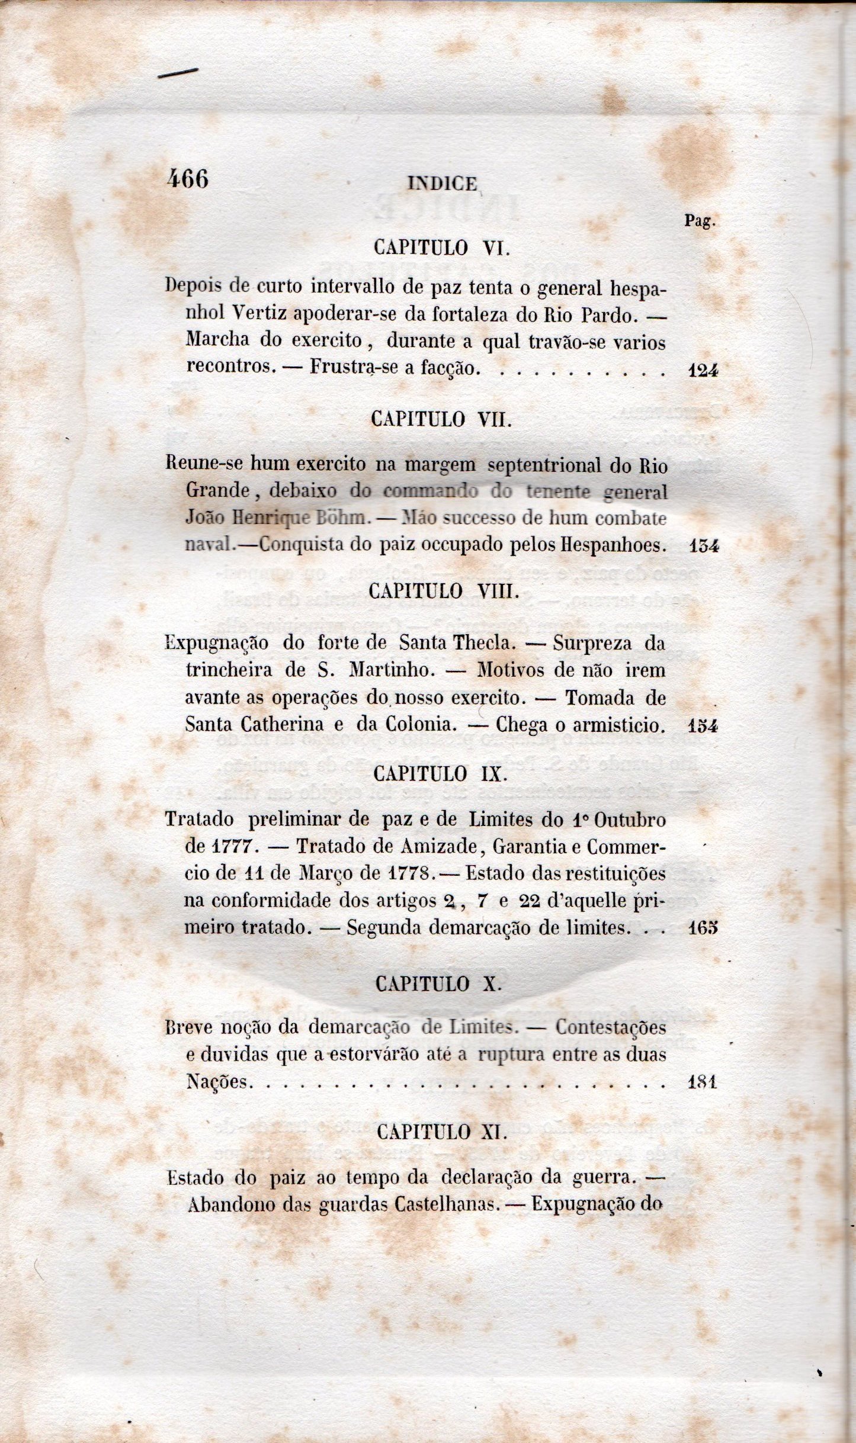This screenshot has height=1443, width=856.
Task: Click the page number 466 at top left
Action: (x=188, y=179)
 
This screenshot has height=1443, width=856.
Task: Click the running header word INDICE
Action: (x=443, y=184)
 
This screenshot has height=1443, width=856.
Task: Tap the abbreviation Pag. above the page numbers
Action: (x=700, y=221)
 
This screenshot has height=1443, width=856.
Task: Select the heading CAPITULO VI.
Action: (x=442, y=247)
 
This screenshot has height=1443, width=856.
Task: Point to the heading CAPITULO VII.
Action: (x=441, y=419)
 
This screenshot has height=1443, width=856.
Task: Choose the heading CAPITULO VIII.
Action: (x=444, y=591)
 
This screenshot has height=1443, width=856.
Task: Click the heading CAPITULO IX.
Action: (x=442, y=773)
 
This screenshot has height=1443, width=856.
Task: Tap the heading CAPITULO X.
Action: (x=439, y=984)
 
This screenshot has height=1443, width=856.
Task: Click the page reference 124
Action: (x=704, y=371)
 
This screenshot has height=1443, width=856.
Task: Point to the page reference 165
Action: (x=704, y=927)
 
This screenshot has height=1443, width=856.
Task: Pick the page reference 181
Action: (x=703, y=1082)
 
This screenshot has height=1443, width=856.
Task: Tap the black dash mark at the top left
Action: (x=178, y=73)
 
